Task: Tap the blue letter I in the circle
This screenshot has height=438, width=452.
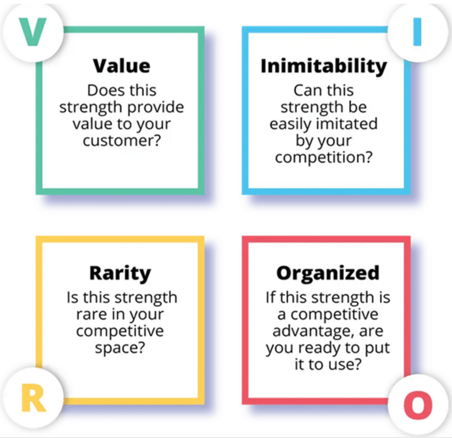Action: pyautogui.click(x=417, y=33)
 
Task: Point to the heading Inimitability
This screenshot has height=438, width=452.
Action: pyautogui.click(x=324, y=66)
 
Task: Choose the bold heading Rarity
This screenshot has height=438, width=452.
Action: pyautogui.click(x=120, y=273)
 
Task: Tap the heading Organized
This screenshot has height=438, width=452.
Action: pyautogui.click(x=328, y=273)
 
